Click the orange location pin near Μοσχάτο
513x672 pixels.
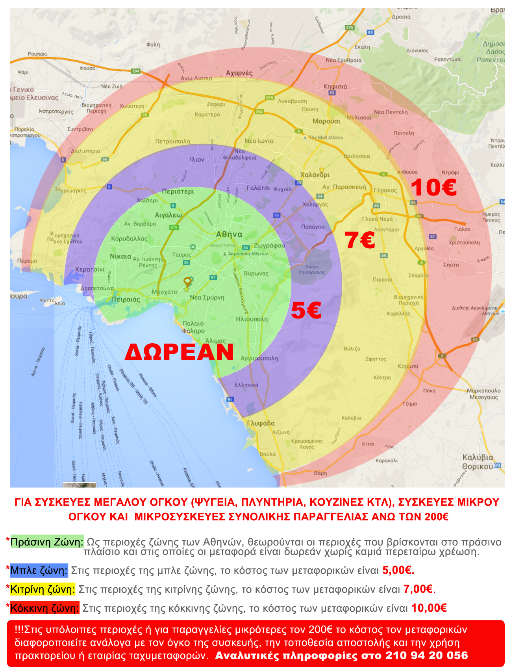coord(187,282)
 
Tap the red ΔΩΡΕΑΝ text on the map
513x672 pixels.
coord(179,352)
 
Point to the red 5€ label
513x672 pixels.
coord(306,310)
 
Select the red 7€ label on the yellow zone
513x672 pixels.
coord(359,240)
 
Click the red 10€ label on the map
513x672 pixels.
coord(433,187)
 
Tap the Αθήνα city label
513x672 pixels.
coord(229,235)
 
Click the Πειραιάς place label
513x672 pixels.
coord(126,300)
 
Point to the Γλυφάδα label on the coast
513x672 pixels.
coord(261,423)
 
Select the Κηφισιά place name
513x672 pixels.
coord(335,86)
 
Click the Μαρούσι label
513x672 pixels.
coord(326,121)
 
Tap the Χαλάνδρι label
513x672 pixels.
coord(315,175)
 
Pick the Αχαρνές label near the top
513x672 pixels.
coord(239,73)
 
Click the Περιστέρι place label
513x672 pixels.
coord(178,192)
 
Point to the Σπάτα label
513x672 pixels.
coord(451,264)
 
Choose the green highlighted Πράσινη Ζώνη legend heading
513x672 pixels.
coord(46,542)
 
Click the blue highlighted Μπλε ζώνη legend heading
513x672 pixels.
coord(39,570)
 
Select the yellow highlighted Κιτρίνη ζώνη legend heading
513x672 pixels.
coord(42,589)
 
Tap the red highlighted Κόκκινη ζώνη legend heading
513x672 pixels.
coord(44,608)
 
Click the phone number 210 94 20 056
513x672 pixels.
coord(426,655)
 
